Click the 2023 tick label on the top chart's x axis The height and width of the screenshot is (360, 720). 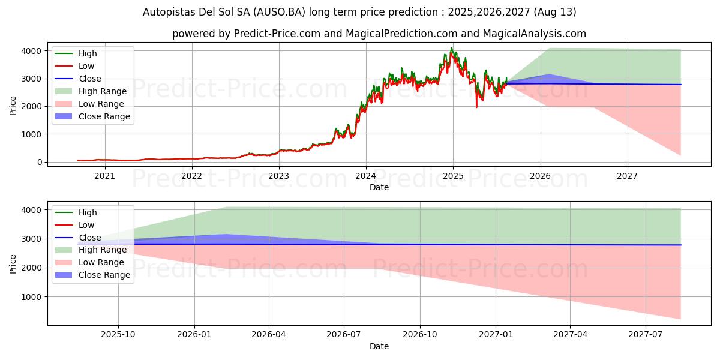[278, 176]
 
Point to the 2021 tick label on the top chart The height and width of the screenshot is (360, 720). [104, 176]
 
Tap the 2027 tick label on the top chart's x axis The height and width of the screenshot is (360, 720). [628, 176]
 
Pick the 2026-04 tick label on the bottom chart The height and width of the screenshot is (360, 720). [269, 335]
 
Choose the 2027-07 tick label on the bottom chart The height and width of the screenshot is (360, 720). [646, 335]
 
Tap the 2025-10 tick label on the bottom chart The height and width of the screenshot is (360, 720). [118, 335]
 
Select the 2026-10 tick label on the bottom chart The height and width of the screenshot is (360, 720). [420, 335]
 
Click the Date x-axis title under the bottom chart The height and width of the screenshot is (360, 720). [379, 346]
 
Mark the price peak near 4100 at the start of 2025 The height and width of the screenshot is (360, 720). [452, 48]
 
